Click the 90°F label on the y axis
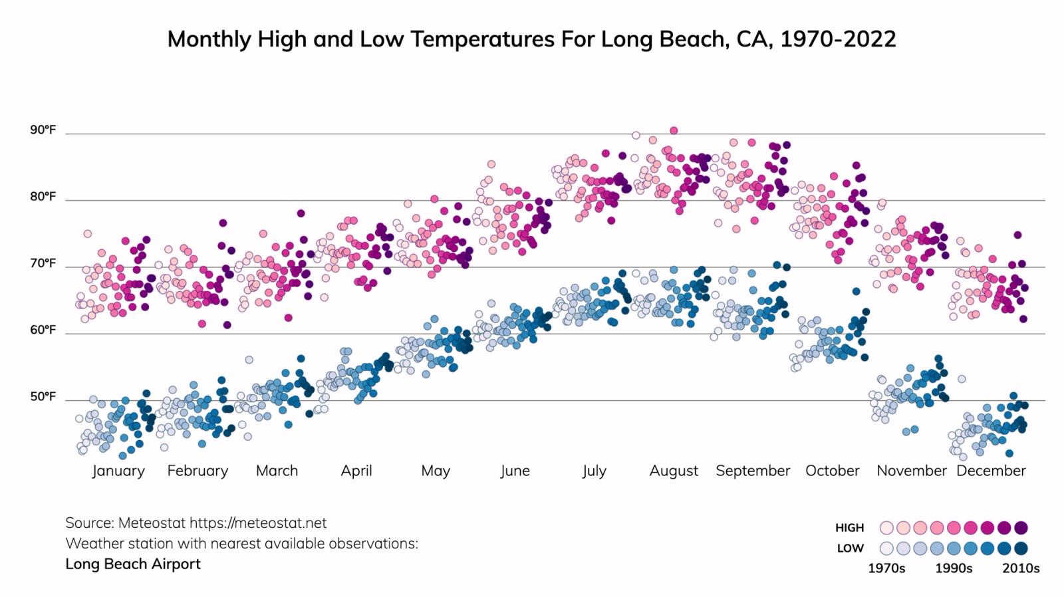pos(43,130)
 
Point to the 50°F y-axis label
pos(43,397)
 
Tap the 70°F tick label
pos(43,263)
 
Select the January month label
pos(118,471)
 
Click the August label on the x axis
pos(674,471)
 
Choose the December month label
pos(991,471)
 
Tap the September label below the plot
pos(753,471)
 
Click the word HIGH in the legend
pos(849,528)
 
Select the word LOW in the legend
pos(850,548)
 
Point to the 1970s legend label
pos(886,568)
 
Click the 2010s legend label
pos(1021,568)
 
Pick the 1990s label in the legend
pos(954,568)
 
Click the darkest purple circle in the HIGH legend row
pos(1021,528)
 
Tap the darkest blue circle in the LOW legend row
pos(1021,548)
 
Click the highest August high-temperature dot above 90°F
pos(674,130)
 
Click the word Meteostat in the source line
pos(152,523)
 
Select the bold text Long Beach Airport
pos(133,564)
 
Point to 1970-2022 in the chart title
pos(838,39)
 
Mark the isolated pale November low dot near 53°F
pos(962,379)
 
